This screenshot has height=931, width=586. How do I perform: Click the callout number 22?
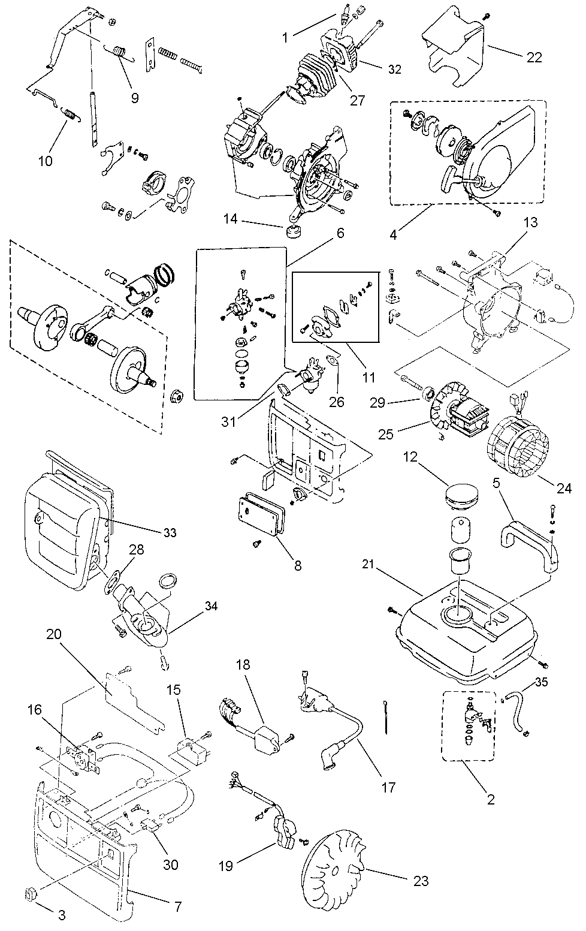point(534,58)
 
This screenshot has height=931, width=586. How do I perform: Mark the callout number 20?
point(54,634)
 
